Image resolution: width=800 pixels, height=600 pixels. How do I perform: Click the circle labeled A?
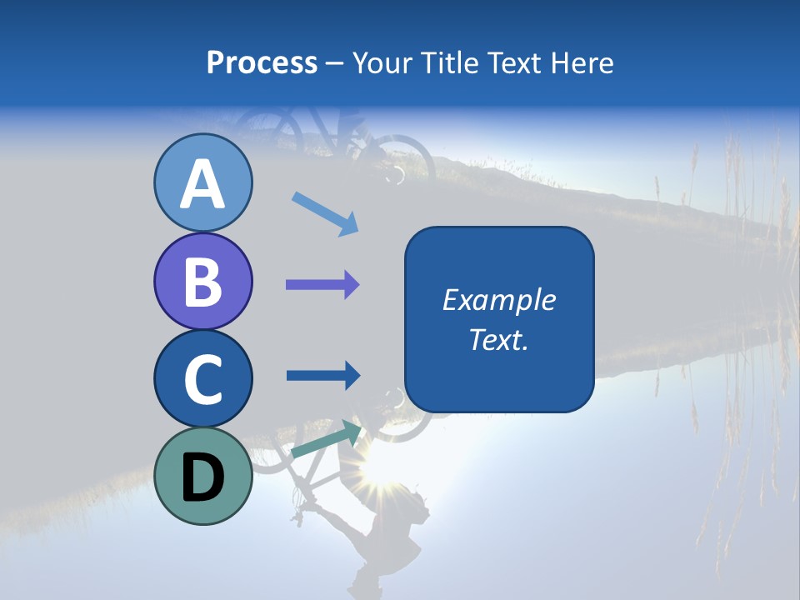click(x=202, y=182)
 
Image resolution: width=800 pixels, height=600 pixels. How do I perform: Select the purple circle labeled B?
click(x=202, y=281)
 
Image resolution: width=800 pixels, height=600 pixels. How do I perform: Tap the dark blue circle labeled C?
click(x=202, y=378)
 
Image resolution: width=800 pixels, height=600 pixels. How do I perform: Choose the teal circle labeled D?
click(x=202, y=476)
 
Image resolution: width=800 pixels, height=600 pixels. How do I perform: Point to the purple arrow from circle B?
click(x=322, y=285)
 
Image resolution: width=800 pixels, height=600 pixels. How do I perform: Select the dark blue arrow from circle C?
click(x=322, y=376)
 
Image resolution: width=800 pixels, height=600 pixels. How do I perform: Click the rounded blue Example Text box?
click(x=499, y=319)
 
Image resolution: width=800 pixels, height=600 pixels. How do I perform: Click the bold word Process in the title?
click(x=262, y=62)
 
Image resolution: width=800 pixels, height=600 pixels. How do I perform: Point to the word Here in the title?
click(x=585, y=62)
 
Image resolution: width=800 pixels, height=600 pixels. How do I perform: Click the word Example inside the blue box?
click(x=499, y=300)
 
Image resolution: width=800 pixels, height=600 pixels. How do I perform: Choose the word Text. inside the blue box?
click(x=499, y=339)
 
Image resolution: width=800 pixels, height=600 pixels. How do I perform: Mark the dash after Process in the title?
click(x=335, y=64)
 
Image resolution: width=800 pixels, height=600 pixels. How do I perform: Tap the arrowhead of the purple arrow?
click(x=352, y=285)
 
